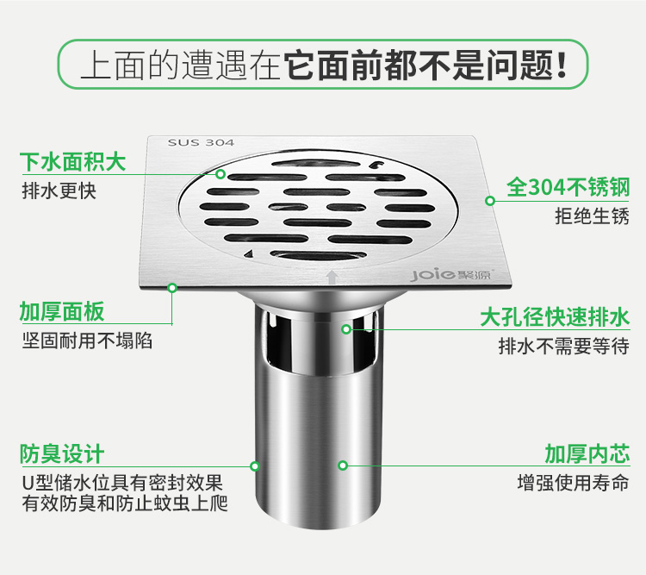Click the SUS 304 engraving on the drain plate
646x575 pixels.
pyautogui.click(x=201, y=143)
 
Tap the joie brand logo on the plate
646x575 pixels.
pyautogui.click(x=433, y=275)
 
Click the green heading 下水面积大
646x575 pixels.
pyautogui.click(x=73, y=161)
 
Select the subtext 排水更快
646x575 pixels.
pyautogui.click(x=59, y=191)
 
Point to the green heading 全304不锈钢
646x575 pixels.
pyautogui.click(x=568, y=188)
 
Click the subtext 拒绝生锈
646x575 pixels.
pyautogui.click(x=592, y=216)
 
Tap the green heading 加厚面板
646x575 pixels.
pyautogui.click(x=62, y=311)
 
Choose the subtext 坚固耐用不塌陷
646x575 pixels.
pyautogui.click(x=87, y=341)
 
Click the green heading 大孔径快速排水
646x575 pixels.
pyautogui.click(x=555, y=317)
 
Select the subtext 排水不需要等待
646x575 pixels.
pyautogui.click(x=564, y=346)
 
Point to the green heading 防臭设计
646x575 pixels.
pyautogui.click(x=62, y=454)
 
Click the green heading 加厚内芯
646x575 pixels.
pyautogui.click(x=587, y=453)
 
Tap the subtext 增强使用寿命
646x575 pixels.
pyautogui.click(x=574, y=483)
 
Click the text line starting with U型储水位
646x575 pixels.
pyautogui.click(x=122, y=483)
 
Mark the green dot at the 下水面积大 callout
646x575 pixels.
pyautogui.click(x=221, y=174)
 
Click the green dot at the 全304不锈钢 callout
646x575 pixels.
pyautogui.click(x=490, y=201)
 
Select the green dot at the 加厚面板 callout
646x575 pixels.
pyautogui.click(x=172, y=288)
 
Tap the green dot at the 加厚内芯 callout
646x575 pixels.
pyautogui.click(x=343, y=466)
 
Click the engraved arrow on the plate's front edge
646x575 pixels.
pyautogui.click(x=332, y=277)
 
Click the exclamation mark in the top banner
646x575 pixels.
pyautogui.click(x=561, y=65)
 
